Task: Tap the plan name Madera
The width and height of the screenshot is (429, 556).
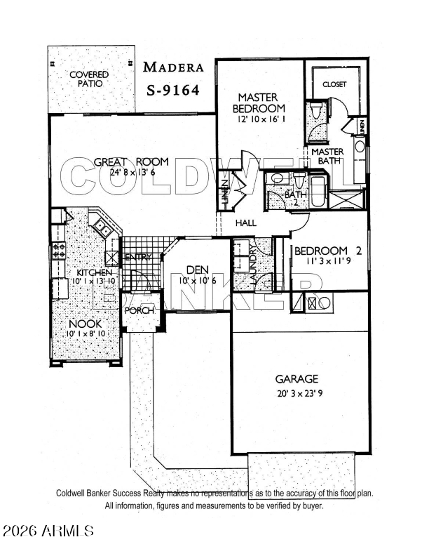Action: (173, 67)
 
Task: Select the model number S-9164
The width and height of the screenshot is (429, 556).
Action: (173, 91)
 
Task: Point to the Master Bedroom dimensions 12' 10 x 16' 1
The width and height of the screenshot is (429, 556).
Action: (261, 119)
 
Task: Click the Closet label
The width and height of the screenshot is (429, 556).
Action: (334, 84)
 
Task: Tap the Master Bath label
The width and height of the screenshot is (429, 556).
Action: (327, 156)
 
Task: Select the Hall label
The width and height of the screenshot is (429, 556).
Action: (246, 223)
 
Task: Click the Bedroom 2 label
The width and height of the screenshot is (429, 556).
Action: (328, 251)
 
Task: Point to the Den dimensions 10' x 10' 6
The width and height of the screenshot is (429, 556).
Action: (198, 281)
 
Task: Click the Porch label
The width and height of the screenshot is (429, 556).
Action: (139, 310)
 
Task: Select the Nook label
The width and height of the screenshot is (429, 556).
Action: (86, 324)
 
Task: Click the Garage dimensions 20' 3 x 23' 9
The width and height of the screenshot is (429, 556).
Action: (299, 393)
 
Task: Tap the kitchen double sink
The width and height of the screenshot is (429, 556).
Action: (102, 227)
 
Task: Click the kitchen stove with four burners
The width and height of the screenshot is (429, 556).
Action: (59, 251)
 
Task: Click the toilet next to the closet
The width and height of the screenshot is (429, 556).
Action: (315, 110)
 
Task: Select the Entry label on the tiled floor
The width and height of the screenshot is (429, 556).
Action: (138, 257)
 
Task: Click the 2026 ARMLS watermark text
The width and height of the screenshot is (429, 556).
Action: (48, 531)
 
